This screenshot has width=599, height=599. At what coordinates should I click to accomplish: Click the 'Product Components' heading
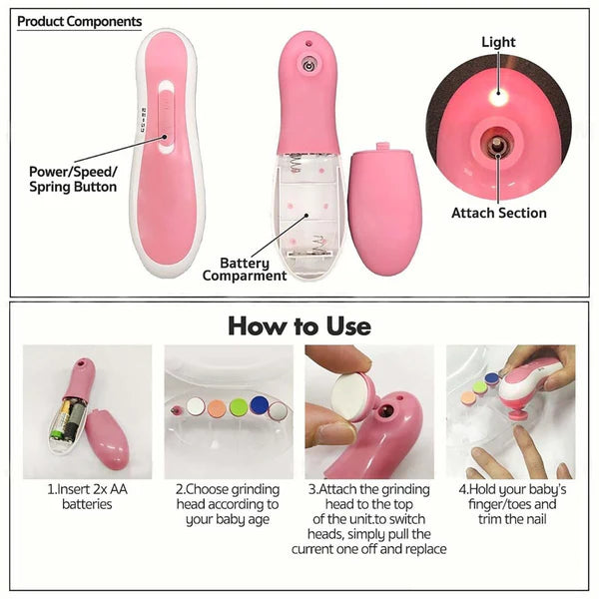tap(80, 21)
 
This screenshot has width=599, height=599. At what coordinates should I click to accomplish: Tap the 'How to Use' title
tap(299, 325)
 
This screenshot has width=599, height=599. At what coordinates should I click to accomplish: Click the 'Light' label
tap(498, 43)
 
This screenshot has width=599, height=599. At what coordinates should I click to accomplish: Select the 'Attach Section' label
tap(499, 213)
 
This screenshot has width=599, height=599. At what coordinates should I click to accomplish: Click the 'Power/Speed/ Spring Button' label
tap(73, 178)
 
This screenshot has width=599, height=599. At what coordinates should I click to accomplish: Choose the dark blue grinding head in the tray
tap(259, 404)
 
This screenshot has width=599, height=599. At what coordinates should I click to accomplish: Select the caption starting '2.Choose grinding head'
tap(229, 504)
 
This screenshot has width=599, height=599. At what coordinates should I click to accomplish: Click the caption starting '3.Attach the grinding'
tap(369, 519)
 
